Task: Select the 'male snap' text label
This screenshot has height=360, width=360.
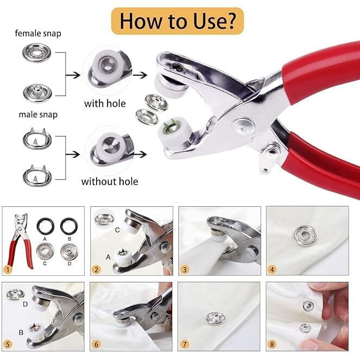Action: (x=38, y=115)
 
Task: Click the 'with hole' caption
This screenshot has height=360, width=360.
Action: (x=105, y=103)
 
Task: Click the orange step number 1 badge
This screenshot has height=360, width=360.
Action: (x=8, y=269)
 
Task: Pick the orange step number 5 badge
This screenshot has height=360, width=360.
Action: (x=8, y=344)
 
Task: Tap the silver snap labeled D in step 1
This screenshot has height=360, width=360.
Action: (x=69, y=251)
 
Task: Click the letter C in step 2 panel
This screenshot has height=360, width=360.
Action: (x=117, y=230)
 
